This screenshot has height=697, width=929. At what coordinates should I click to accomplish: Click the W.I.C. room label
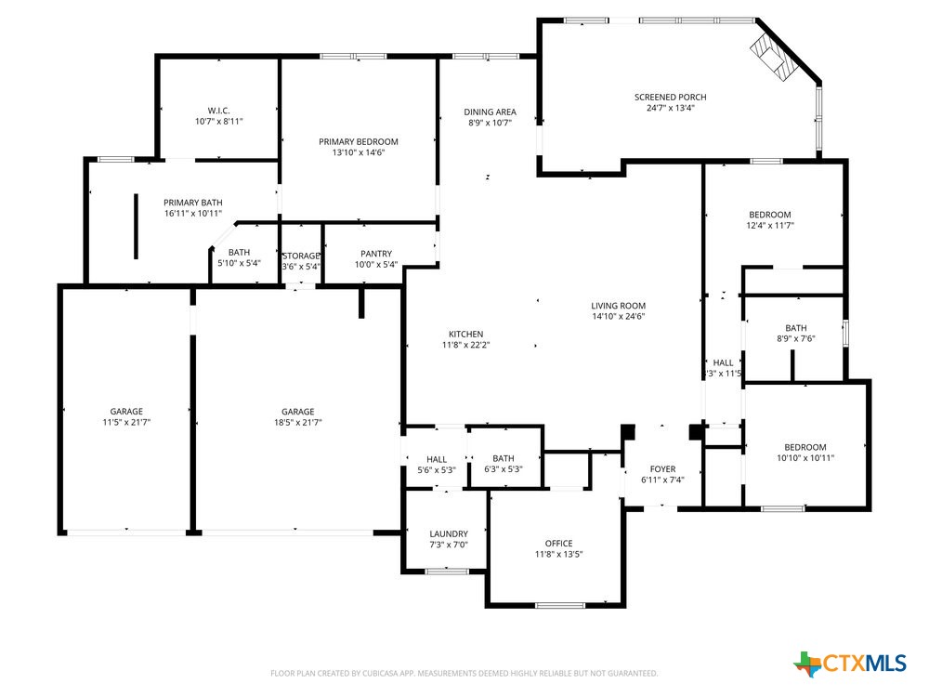pyautogui.click(x=218, y=109)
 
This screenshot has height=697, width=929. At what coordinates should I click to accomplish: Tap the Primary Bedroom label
pyautogui.click(x=358, y=142)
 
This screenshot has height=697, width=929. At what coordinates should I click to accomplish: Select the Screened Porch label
pyautogui.click(x=670, y=98)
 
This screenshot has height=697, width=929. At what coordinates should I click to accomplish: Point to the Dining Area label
pyautogui.click(x=490, y=112)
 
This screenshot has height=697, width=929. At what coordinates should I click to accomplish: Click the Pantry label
pyautogui.click(x=376, y=254)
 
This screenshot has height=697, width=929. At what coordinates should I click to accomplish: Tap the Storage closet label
pyautogui.click(x=301, y=256)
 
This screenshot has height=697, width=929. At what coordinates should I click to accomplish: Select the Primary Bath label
pyautogui.click(x=192, y=203)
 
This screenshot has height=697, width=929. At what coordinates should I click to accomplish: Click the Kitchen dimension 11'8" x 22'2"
pyautogui.click(x=465, y=346)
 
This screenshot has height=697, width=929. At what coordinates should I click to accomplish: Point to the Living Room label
pyautogui.click(x=618, y=306)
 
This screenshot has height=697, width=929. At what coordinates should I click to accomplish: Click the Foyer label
pyautogui.click(x=662, y=469)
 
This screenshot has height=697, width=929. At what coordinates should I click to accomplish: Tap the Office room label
pyautogui.click(x=558, y=544)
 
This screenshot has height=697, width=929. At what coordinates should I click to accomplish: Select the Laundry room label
pyautogui.click(x=449, y=533)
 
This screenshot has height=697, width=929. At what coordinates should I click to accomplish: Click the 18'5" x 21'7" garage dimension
pyautogui.click(x=297, y=423)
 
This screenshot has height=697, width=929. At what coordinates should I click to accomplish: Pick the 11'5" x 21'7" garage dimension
pyautogui.click(x=125, y=423)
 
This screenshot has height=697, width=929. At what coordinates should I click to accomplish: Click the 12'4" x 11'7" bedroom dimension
pyautogui.click(x=770, y=226)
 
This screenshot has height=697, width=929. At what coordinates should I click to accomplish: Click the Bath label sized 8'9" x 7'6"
pyautogui.click(x=796, y=328)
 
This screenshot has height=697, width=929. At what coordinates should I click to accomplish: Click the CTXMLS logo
pyautogui.click(x=850, y=663)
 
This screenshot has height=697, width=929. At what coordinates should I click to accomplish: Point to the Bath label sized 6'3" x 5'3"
pyautogui.click(x=504, y=458)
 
